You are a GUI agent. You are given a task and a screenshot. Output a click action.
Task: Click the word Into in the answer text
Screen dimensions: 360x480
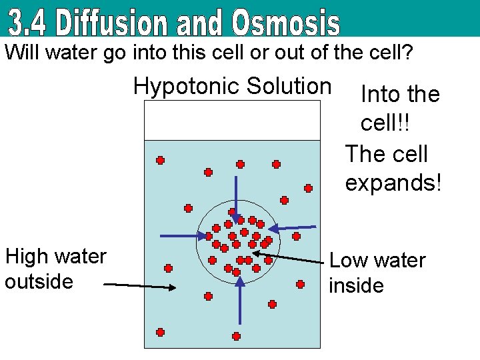pyautogui.click(x=380, y=95)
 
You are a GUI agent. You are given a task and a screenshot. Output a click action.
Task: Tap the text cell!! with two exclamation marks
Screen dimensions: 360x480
pyautogui.click(x=385, y=123)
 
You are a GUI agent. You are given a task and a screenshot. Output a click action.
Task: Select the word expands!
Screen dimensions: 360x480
pyautogui.click(x=393, y=182)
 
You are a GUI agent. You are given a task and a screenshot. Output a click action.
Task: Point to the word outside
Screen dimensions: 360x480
pyautogui.click(x=39, y=281)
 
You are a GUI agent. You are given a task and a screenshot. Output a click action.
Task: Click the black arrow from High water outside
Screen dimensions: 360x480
pyautogui.click(x=140, y=286)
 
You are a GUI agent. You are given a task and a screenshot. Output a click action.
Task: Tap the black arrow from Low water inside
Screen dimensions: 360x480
pyautogui.click(x=297, y=256)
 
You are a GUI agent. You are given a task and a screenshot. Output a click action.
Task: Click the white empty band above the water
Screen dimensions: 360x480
pyautogui.click(x=233, y=120)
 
